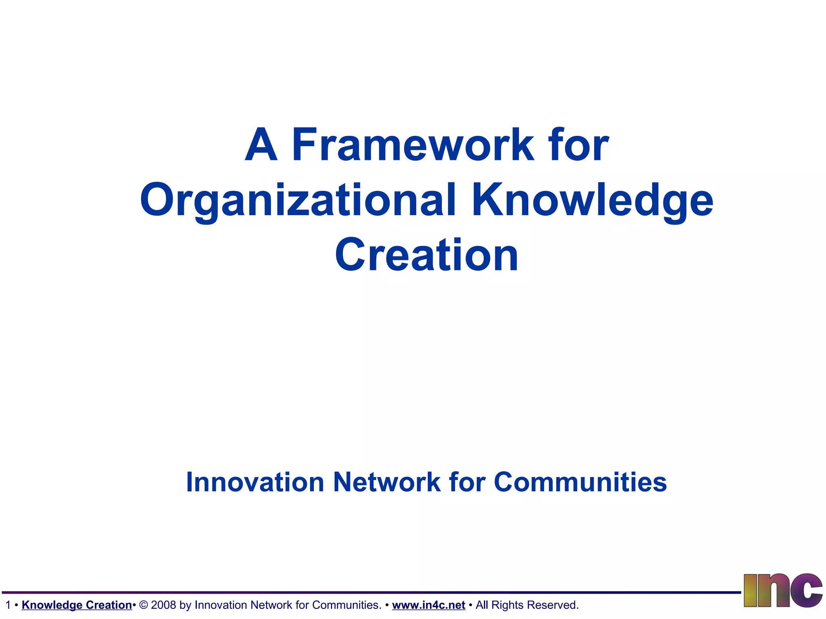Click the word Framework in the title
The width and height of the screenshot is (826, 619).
412,145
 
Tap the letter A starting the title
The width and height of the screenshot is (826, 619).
261,145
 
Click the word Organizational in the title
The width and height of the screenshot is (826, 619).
298,200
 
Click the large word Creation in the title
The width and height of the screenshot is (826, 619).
426,255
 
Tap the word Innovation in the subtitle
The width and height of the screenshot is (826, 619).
255,482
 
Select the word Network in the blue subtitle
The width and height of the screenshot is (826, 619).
387,482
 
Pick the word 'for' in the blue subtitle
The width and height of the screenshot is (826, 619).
467,482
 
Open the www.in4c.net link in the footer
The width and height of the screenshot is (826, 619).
428,605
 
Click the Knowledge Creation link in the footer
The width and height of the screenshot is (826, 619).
77,605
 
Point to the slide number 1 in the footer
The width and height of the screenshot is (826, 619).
8,605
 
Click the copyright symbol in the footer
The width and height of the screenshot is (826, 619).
143,605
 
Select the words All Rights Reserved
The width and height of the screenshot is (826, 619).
527,605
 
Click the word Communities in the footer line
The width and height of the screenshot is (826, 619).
346,605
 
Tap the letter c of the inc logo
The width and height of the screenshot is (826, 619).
806,591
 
